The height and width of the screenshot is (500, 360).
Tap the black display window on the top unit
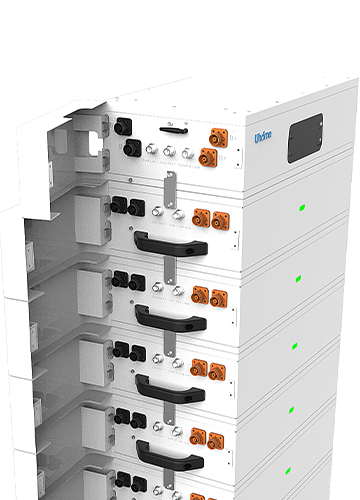coord(304,137)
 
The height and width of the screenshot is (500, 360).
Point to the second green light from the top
coord(297,278)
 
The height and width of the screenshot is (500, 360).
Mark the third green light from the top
coord(294,345)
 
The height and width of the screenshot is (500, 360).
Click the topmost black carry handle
coord(169,244)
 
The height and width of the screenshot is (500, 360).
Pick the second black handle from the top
coord(171,318)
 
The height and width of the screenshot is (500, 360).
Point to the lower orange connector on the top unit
coord(207,157)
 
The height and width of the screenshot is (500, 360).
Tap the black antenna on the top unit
coord(172,128)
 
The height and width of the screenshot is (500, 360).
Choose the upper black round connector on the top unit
coord(124,128)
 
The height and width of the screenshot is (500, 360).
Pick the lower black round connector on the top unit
coord(131,148)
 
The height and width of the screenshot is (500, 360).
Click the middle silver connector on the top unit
coord(169,153)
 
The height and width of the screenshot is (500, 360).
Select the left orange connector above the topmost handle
coord(200,216)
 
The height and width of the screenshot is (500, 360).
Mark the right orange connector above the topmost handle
coord(218,218)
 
